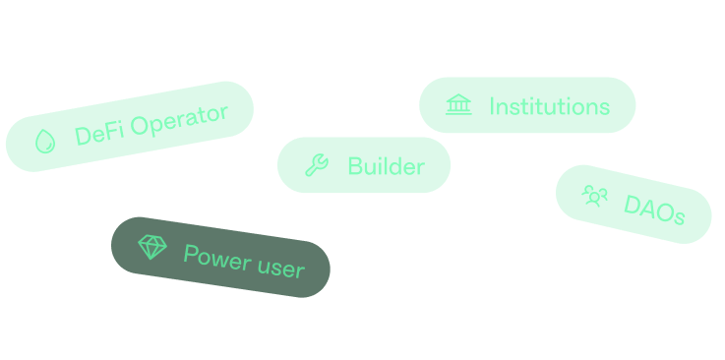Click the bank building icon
tap(458, 105)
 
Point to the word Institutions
tap(549, 106)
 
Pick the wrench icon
tap(317, 165)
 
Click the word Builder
tap(386, 166)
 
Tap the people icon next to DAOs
tap(595, 196)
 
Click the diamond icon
tap(152, 247)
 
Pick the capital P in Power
tap(191, 255)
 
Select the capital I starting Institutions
tap(492, 106)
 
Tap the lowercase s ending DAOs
tap(678, 217)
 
